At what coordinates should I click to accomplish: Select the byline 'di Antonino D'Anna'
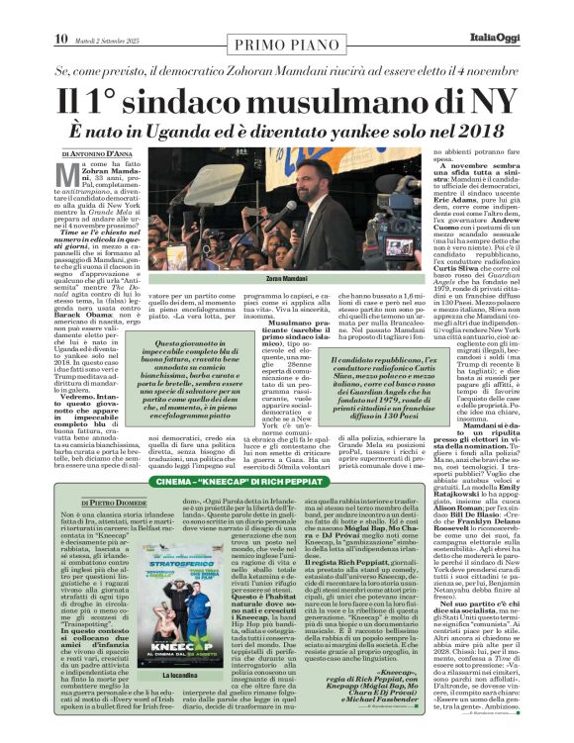click(x=99, y=153)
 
